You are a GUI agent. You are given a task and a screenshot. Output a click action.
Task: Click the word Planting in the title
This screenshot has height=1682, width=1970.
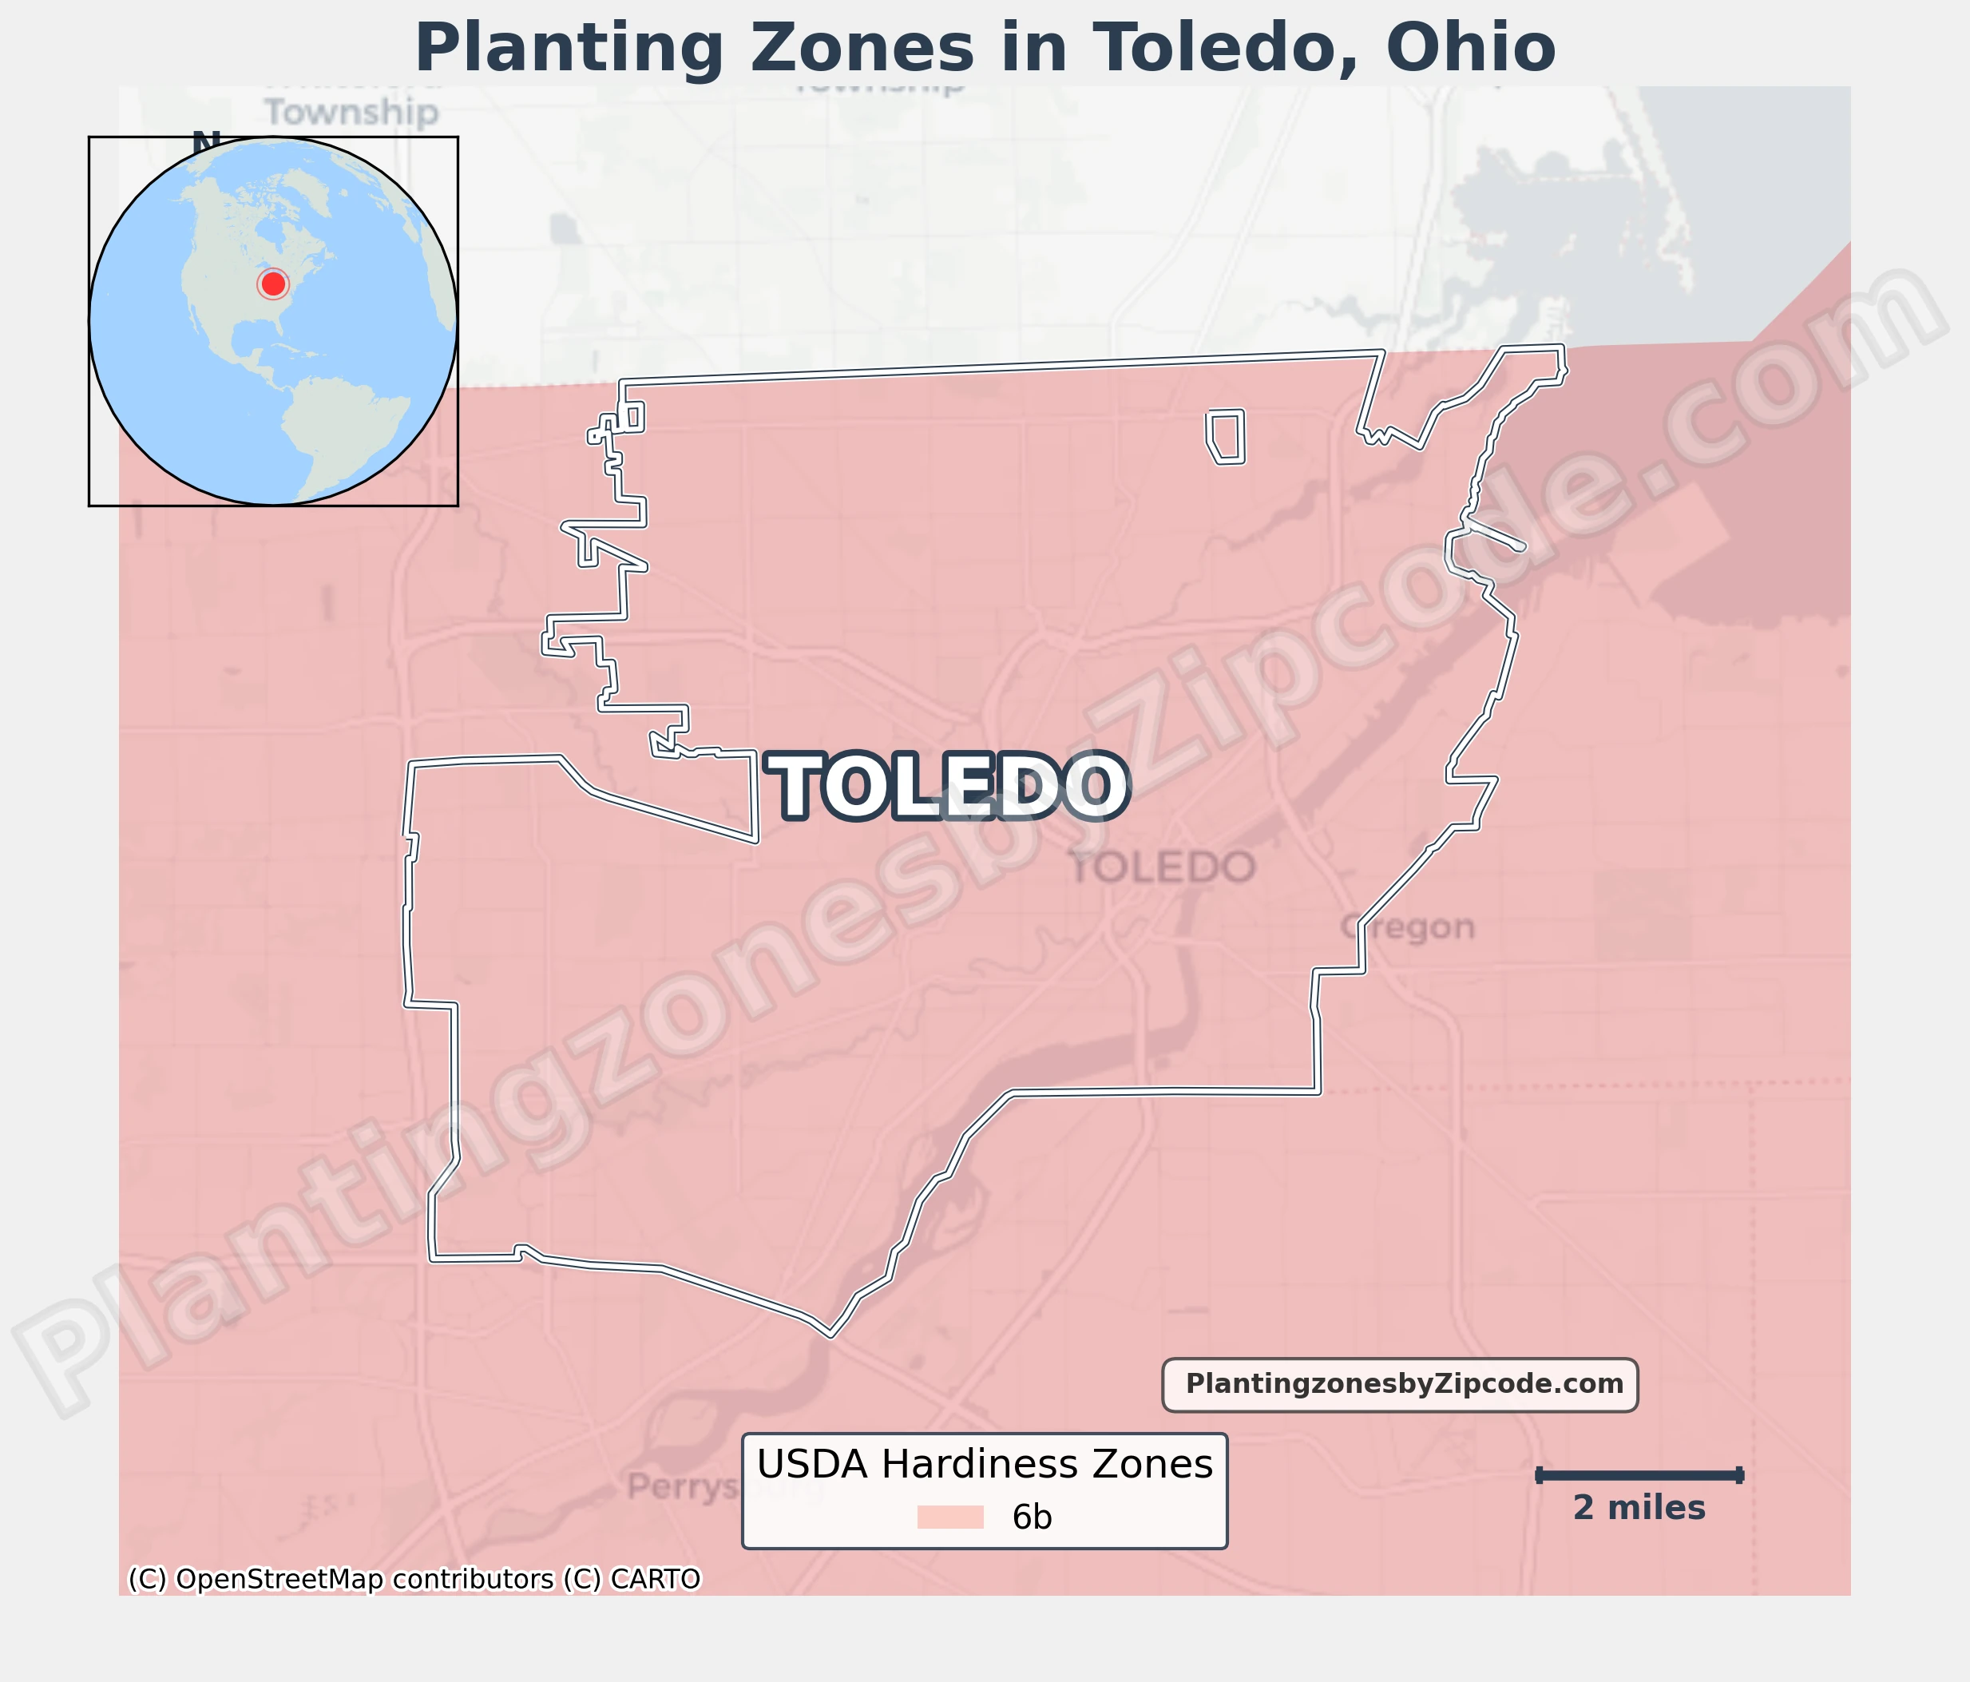tap(569, 50)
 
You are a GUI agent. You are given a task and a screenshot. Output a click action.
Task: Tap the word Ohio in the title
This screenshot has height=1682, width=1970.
tap(1470, 50)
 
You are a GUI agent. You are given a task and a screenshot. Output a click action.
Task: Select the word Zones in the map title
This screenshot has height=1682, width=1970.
tap(862, 50)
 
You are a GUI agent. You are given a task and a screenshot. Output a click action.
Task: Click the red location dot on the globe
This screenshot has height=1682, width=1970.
tap(273, 284)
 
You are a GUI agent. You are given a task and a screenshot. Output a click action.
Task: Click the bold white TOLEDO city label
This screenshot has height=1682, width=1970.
tap(948, 787)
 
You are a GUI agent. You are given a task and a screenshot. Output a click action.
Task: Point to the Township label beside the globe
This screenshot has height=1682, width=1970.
tap(352, 112)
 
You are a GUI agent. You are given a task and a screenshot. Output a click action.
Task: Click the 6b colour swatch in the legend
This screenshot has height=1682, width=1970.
tap(949, 1517)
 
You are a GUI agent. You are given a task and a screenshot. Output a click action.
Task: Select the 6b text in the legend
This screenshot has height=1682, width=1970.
tap(1032, 1517)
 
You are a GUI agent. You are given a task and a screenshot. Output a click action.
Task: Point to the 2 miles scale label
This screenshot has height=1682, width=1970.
tap(1639, 1508)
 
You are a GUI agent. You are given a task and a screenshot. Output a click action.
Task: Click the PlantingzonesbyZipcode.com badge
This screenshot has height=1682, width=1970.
tap(1400, 1384)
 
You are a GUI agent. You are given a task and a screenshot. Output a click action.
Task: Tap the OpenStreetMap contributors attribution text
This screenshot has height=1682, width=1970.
tap(364, 1578)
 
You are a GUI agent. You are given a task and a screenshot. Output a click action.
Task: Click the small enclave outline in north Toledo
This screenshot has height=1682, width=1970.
tap(1226, 436)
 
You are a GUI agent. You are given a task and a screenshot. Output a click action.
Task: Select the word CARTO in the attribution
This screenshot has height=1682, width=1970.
tap(655, 1578)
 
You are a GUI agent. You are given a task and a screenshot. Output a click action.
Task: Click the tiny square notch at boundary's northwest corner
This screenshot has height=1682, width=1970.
tap(633, 416)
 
